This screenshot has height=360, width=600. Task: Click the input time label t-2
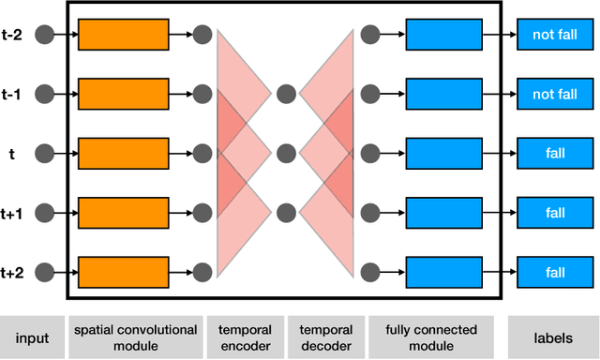pos(12,36)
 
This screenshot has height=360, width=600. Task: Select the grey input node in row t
pos(44,153)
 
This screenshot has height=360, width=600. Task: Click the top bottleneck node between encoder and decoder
pos(286,94)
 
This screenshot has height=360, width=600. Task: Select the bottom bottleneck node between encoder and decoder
pos(286,211)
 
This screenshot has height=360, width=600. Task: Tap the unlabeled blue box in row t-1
pos(443,94)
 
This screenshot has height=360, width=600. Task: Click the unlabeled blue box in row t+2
pos(443,272)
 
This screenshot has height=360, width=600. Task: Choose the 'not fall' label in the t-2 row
pos(555,36)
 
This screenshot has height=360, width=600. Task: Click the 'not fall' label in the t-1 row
pos(555,94)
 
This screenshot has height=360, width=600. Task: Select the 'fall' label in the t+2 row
pos(555,272)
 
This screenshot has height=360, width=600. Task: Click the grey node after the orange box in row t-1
pos(202,94)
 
